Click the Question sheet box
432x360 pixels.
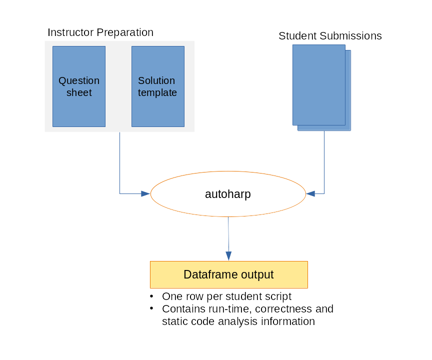(79, 86)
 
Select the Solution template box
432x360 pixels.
(157, 86)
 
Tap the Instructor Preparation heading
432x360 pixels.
(100, 32)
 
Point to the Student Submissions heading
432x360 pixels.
(330, 36)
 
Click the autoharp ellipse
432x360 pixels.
(228, 194)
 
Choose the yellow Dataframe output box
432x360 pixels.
(228, 274)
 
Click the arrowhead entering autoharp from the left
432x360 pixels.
(145, 193)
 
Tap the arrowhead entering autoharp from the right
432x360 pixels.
(310, 193)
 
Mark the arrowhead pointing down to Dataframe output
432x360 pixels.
(228, 256)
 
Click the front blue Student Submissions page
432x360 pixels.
(318, 84)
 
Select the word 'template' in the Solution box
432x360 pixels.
(157, 92)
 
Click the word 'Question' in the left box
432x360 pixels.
(79, 80)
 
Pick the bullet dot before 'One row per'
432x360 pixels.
(151, 296)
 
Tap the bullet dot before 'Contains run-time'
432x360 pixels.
(151, 308)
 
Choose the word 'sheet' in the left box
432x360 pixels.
(79, 92)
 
